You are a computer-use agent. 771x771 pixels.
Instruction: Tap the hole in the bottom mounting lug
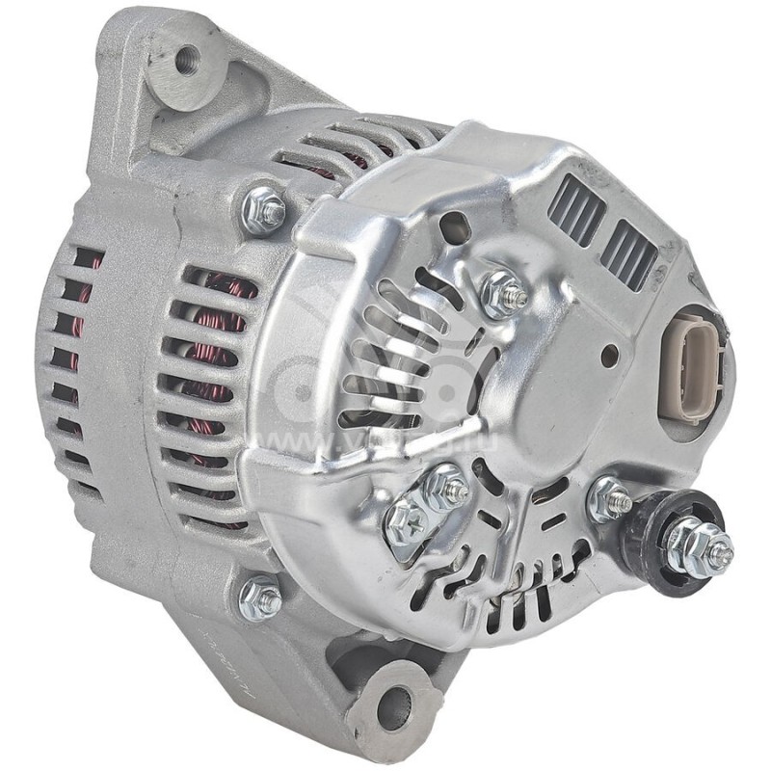[392, 708]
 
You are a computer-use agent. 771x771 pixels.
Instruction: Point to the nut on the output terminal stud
[692, 545]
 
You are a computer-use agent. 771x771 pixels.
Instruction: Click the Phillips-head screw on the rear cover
[405, 521]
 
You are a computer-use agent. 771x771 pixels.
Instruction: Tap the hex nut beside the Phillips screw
[445, 489]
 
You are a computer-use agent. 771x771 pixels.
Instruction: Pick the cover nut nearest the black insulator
[610, 498]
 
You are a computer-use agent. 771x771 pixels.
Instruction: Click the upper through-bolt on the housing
[264, 209]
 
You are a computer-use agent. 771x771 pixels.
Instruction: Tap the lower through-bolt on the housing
[261, 599]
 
